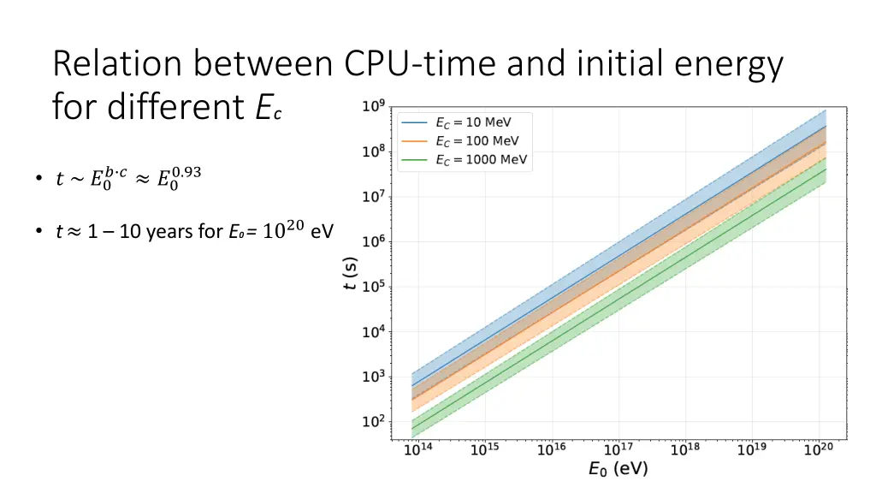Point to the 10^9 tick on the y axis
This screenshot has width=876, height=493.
pos(373,108)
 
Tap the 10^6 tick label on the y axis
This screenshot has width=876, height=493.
pos(373,242)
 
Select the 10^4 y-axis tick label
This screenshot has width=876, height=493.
pos(373,332)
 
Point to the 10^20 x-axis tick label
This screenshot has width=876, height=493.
pos(819,449)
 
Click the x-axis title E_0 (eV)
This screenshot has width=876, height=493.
pos(617,468)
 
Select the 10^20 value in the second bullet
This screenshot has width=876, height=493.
pos(283,229)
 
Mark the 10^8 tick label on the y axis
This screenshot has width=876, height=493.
pos(373,152)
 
